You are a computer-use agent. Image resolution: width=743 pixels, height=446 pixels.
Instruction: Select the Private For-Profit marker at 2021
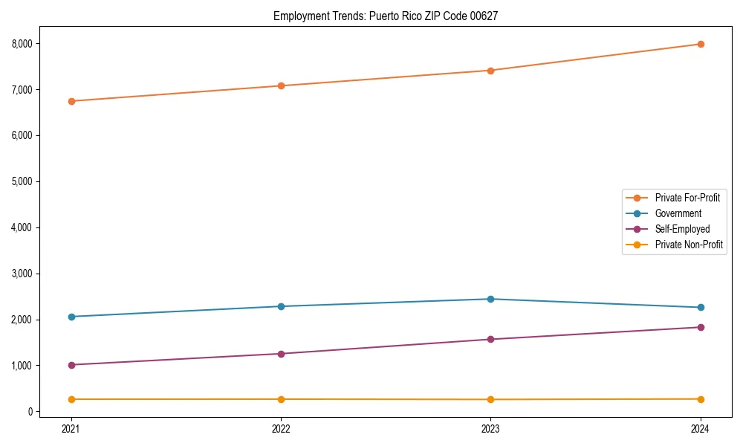point(71,101)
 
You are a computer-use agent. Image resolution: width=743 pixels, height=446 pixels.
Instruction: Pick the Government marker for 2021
point(71,317)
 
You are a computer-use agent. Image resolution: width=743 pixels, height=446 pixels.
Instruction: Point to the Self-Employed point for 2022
point(281,354)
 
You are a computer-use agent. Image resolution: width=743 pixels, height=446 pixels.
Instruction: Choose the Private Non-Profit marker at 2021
point(71,399)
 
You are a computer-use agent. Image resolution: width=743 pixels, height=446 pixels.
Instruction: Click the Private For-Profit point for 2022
point(281,85)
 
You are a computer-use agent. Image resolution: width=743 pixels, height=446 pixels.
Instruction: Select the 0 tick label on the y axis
point(31,412)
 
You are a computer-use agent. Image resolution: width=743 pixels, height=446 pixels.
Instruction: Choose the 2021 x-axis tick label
point(71,428)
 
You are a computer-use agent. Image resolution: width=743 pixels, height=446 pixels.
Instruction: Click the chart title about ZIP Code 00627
point(386,16)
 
